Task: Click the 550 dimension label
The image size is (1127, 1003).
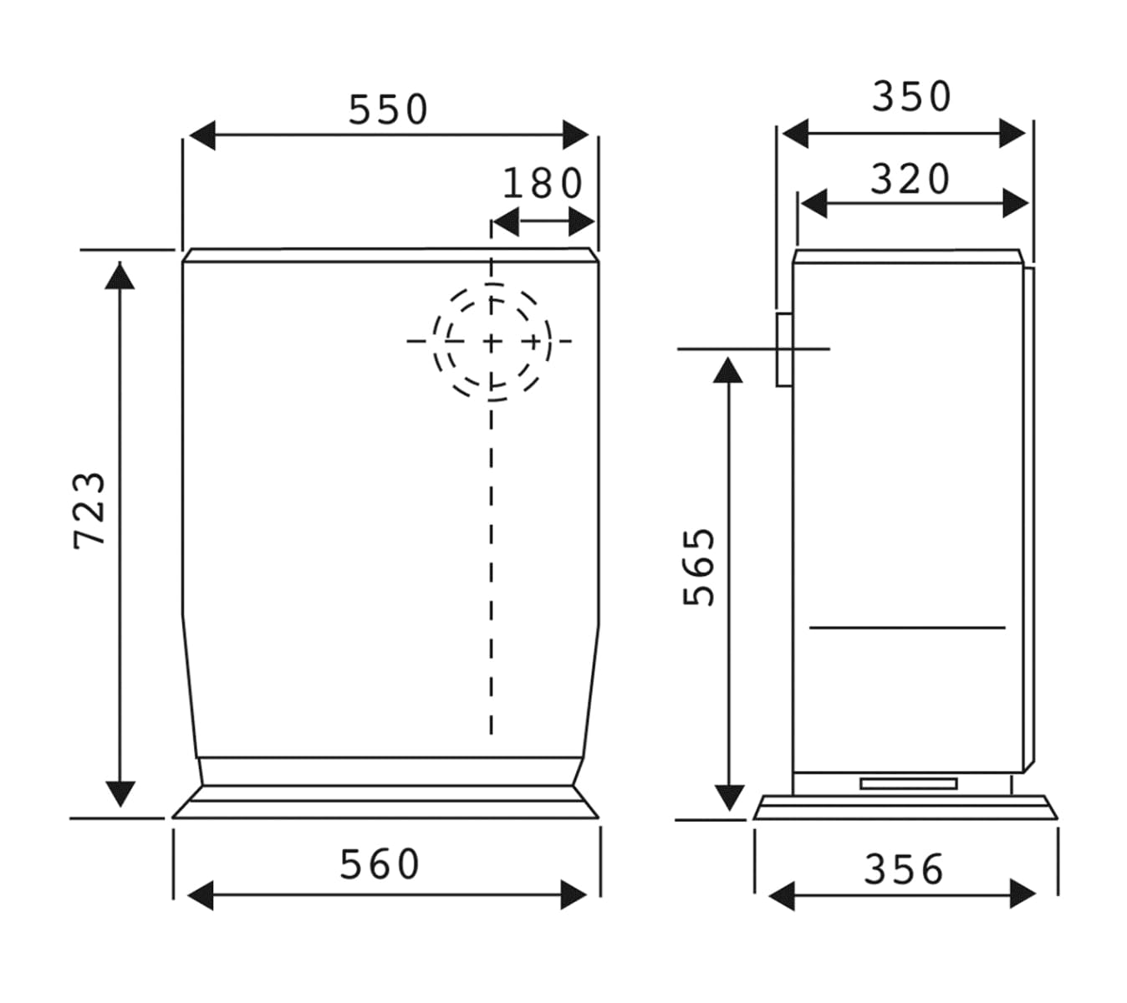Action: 388,109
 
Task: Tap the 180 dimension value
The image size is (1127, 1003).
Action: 543,184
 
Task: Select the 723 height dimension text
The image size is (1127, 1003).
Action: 89,511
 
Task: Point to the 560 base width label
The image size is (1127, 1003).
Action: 380,864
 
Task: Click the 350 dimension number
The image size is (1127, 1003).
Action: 912,97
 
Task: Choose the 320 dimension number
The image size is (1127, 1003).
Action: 910,179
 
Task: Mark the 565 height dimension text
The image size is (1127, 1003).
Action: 699,567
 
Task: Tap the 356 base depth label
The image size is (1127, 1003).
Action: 904,869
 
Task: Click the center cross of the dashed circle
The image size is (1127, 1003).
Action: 492,342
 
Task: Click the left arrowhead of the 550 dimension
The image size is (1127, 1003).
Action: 202,135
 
